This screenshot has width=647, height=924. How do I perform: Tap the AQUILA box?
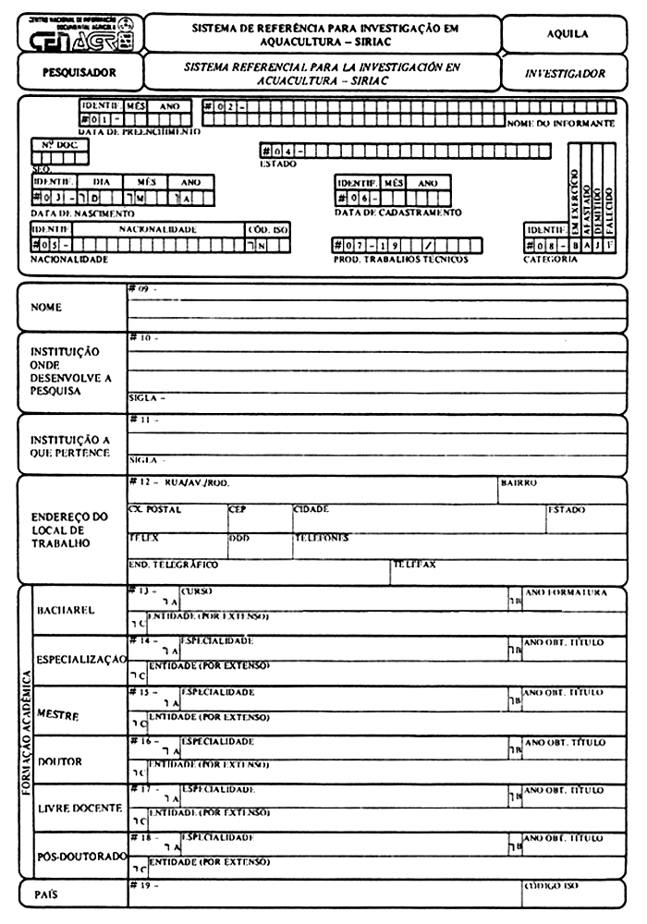tap(568, 33)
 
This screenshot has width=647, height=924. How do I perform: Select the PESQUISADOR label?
tap(79, 71)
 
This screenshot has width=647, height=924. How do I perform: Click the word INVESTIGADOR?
tap(565, 73)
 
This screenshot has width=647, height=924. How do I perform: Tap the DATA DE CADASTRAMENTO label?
tap(397, 213)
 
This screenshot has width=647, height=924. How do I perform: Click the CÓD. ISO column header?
tap(268, 229)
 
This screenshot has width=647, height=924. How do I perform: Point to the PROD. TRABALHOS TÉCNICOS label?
tap(400, 260)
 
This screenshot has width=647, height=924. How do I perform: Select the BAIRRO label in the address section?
tap(519, 482)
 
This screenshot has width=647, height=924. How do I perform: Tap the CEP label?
tap(238, 509)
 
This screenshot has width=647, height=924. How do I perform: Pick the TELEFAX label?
tap(414, 563)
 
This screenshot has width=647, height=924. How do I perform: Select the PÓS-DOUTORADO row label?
tap(80, 857)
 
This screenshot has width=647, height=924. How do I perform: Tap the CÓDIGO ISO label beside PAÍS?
tap(552, 886)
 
